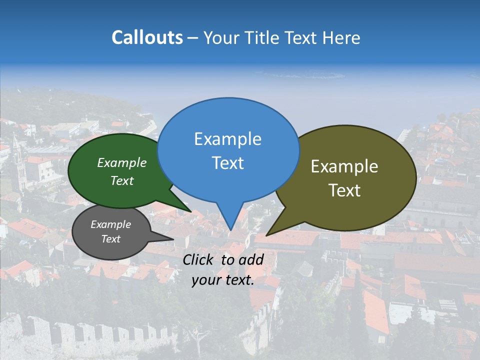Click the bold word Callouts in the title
click(x=147, y=37)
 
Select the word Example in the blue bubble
click(x=227, y=139)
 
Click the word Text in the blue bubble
click(x=227, y=163)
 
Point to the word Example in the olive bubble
click(x=344, y=166)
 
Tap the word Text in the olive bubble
click(x=344, y=190)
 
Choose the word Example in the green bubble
click(x=122, y=162)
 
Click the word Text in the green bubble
click(x=122, y=180)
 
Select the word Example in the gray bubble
click(x=110, y=224)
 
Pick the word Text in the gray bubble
click(x=110, y=239)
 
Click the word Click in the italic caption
click(x=199, y=259)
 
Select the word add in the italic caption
click(x=251, y=259)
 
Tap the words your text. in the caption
click(x=222, y=280)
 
